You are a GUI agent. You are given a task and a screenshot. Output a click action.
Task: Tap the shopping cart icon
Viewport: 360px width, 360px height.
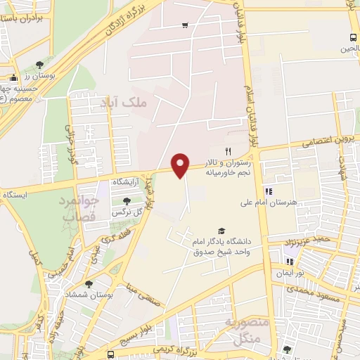tap(185, 25)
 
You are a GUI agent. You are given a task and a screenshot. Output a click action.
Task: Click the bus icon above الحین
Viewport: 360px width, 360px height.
tap(352, 38)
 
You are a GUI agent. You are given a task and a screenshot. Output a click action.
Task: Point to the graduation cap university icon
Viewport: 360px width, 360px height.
tap(222, 231)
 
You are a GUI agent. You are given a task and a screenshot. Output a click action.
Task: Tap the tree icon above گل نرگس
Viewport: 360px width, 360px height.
tap(127, 201)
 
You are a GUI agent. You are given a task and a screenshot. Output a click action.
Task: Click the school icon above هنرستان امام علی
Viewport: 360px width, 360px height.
tap(268, 191)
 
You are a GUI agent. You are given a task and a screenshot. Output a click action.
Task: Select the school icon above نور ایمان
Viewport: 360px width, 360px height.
tap(289, 262)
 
